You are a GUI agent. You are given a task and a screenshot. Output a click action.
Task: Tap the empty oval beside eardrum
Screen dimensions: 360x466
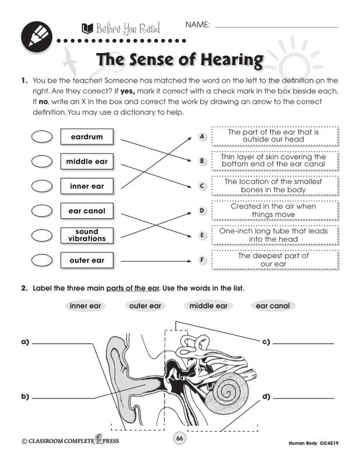click(42, 137)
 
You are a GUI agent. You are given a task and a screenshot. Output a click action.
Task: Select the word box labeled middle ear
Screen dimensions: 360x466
click(87, 161)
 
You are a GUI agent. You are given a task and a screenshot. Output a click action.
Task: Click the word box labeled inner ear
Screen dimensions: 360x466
click(87, 186)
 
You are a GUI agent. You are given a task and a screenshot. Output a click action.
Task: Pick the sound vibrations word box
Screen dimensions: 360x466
click(87, 235)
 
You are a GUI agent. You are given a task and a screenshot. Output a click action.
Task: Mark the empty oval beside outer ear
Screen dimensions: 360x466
click(42, 260)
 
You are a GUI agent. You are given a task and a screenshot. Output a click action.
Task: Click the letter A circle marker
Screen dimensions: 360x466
click(202, 137)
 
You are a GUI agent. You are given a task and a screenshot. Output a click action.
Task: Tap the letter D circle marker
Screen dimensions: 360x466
click(202, 211)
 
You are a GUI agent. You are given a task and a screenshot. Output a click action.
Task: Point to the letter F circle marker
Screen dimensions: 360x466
click(202, 260)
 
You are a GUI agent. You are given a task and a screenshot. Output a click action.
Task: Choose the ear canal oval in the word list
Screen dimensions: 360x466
click(273, 306)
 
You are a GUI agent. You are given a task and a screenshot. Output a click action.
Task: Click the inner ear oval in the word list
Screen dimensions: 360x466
click(85, 306)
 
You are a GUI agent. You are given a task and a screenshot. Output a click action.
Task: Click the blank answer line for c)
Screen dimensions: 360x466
click(303, 344)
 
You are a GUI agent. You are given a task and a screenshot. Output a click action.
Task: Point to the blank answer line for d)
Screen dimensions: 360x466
click(303, 398)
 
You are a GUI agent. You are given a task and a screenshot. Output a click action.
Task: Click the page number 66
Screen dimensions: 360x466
click(179, 438)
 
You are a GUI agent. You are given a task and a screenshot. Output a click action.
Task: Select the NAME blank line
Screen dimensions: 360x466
click(277, 27)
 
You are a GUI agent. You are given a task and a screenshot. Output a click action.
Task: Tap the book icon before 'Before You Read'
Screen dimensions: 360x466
click(88, 29)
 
